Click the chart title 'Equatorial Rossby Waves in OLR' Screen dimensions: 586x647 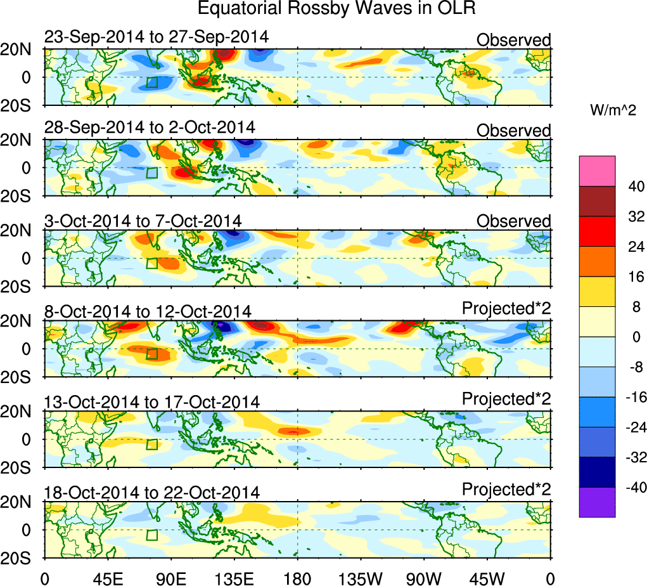click(x=336, y=9)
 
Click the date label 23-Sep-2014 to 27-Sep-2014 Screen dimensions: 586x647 click(x=157, y=37)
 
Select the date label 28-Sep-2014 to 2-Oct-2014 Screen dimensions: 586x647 click(x=150, y=127)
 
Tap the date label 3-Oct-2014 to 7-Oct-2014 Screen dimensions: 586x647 click(x=143, y=220)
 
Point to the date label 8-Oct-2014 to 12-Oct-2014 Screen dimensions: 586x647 click(x=148, y=311)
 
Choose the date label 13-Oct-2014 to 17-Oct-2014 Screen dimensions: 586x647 click(x=151, y=402)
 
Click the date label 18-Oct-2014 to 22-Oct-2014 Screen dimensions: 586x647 click(x=151, y=493)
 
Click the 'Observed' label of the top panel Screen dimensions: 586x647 click(x=514, y=40)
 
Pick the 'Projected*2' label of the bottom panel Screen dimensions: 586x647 click(x=506, y=490)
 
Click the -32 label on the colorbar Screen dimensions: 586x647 click(x=632, y=457)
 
